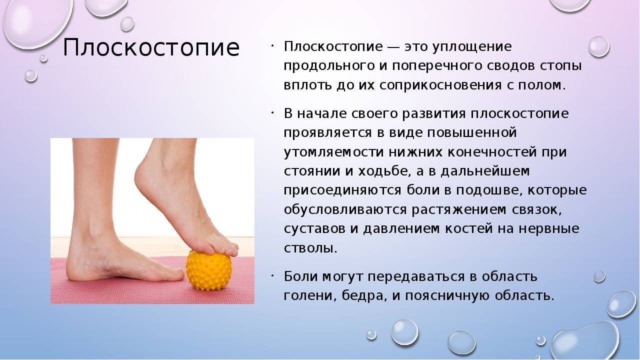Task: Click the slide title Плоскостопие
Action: coord(151,47)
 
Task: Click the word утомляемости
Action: coord(333,152)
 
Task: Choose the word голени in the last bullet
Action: coord(308,296)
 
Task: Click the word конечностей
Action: coord(491,152)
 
